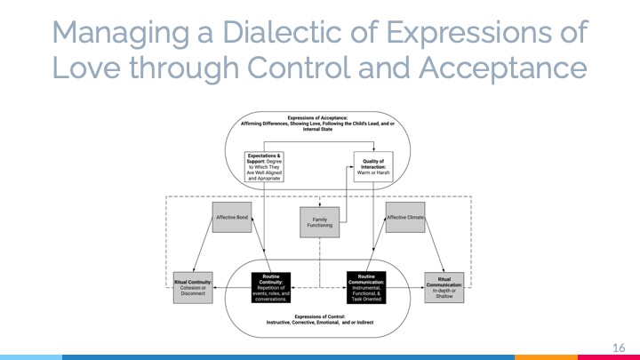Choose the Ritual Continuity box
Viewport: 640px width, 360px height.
coord(192,290)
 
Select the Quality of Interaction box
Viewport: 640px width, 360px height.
coord(373,166)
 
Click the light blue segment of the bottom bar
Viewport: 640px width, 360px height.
coord(31,357)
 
